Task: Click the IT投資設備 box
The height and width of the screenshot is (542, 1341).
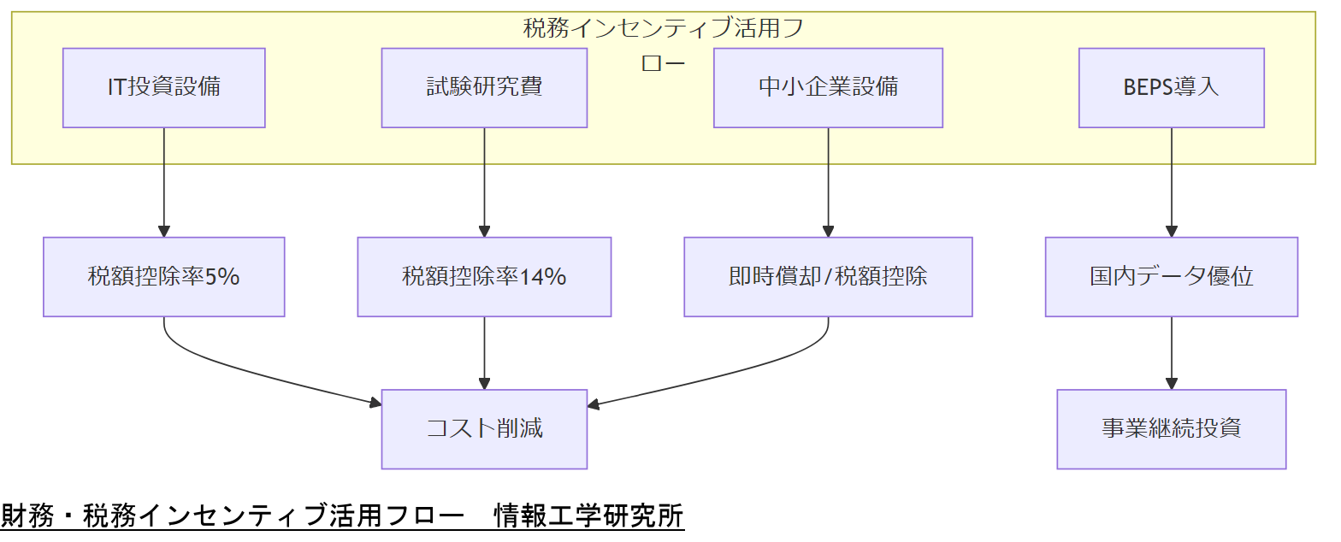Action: (163, 87)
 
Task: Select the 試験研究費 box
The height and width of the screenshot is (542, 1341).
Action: (484, 87)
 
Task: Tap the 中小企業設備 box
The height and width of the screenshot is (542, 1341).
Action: (828, 87)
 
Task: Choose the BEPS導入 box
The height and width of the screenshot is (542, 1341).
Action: (1171, 87)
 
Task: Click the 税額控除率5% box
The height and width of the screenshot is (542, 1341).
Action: (163, 277)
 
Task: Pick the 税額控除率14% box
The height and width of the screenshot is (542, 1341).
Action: (484, 277)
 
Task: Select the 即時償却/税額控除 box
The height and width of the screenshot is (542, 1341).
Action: (828, 277)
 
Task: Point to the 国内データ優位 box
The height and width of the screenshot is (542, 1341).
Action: (1171, 277)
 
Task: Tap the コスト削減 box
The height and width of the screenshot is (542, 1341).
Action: (484, 429)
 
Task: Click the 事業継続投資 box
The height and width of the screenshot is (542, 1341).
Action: (1171, 429)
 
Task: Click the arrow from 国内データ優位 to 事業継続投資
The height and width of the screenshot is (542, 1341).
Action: (1171, 353)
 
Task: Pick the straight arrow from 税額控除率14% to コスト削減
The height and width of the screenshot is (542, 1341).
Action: (484, 353)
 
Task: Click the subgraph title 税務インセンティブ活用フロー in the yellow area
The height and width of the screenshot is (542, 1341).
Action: (663, 29)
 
